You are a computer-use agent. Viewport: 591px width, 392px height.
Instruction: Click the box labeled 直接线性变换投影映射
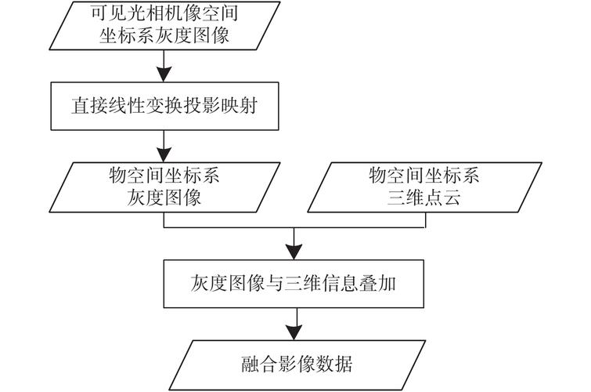click(164, 107)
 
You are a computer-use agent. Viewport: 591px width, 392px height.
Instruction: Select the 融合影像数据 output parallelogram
click(294, 365)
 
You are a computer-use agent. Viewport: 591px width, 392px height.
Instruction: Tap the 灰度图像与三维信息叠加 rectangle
click(294, 283)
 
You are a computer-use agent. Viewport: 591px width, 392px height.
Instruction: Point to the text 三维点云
click(423, 197)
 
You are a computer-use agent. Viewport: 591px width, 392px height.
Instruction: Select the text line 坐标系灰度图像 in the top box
click(164, 34)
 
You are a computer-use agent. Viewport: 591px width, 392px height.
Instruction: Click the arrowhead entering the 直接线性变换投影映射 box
click(164, 75)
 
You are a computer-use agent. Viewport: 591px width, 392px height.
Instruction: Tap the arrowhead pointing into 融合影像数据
click(294, 332)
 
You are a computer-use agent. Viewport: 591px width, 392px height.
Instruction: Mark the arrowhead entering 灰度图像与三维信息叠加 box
click(294, 251)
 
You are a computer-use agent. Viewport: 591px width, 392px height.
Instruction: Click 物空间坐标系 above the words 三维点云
click(423, 176)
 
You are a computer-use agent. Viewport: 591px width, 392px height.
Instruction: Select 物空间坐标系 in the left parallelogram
click(164, 176)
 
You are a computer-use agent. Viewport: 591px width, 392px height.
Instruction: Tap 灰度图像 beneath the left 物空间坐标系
click(164, 197)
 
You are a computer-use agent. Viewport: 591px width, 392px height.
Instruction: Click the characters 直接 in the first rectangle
click(81, 107)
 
